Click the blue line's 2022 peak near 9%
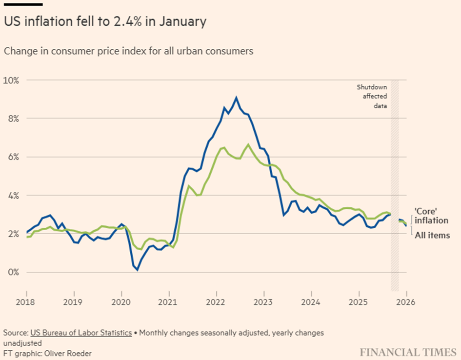coord(236,98)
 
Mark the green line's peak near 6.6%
coord(248,144)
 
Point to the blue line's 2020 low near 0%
coord(138,269)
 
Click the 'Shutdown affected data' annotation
coord(372,96)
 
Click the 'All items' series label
coord(432,236)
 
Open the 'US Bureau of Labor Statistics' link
coord(81,333)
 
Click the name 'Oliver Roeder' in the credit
coord(68,353)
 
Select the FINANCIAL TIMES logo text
coord(407,352)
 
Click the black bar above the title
coord(23,4)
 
